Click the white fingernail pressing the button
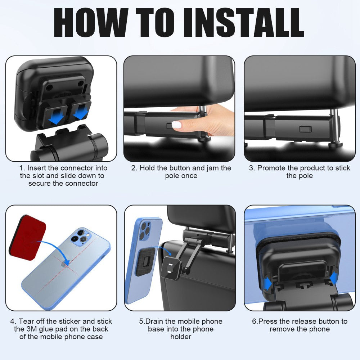pos(176,125)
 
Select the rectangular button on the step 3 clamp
pos(305,129)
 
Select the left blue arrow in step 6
pos(267,284)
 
